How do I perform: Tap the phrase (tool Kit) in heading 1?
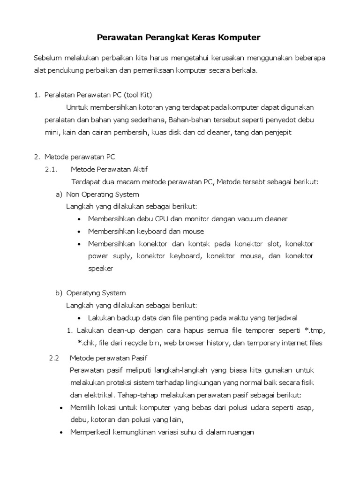(x=137, y=95)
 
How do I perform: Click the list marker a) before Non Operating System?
(x=59, y=194)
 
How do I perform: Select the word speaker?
(x=100, y=269)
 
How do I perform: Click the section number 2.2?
(x=54, y=359)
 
